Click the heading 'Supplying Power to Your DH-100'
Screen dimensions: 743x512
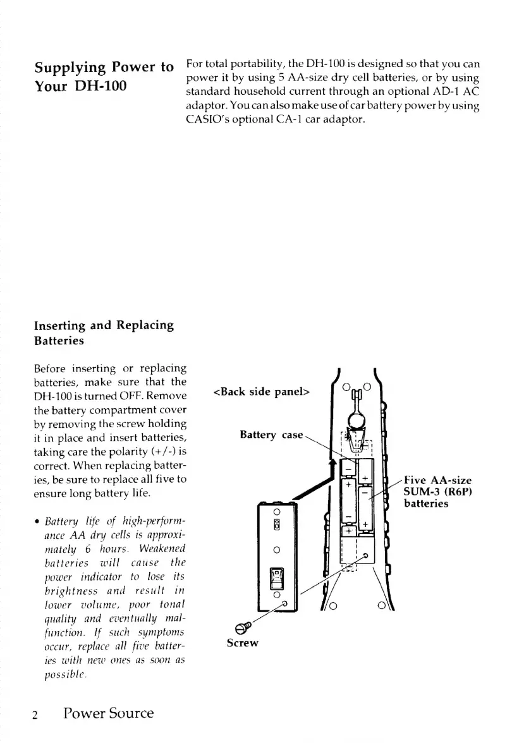(x=104, y=76)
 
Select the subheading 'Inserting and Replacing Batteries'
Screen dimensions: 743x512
(x=104, y=333)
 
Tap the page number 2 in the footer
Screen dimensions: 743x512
(x=37, y=715)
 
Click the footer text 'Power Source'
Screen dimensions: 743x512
(x=108, y=713)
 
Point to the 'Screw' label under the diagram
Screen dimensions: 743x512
(x=243, y=643)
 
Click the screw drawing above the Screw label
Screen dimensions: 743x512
(x=241, y=627)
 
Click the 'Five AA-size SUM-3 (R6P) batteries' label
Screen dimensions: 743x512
(x=437, y=492)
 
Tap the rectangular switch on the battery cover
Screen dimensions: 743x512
(x=276, y=580)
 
